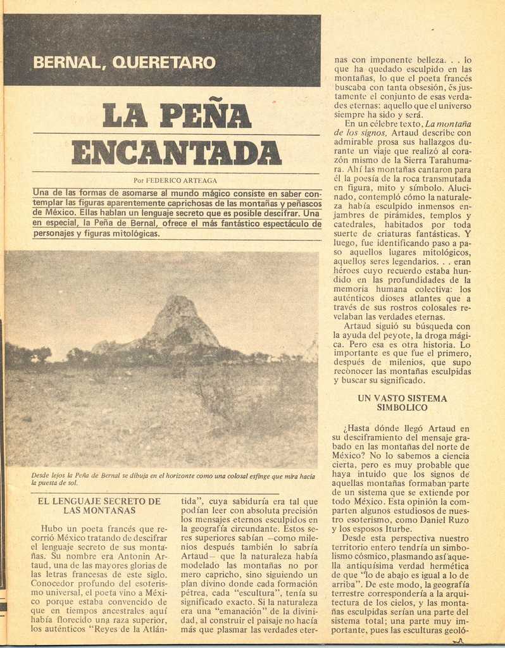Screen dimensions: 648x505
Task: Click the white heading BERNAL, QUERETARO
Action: [124, 63]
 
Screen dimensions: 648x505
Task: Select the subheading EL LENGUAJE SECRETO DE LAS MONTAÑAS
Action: [99, 506]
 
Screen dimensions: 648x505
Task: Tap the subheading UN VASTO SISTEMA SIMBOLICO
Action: [402, 403]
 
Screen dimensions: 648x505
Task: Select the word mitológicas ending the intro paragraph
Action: [132, 234]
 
